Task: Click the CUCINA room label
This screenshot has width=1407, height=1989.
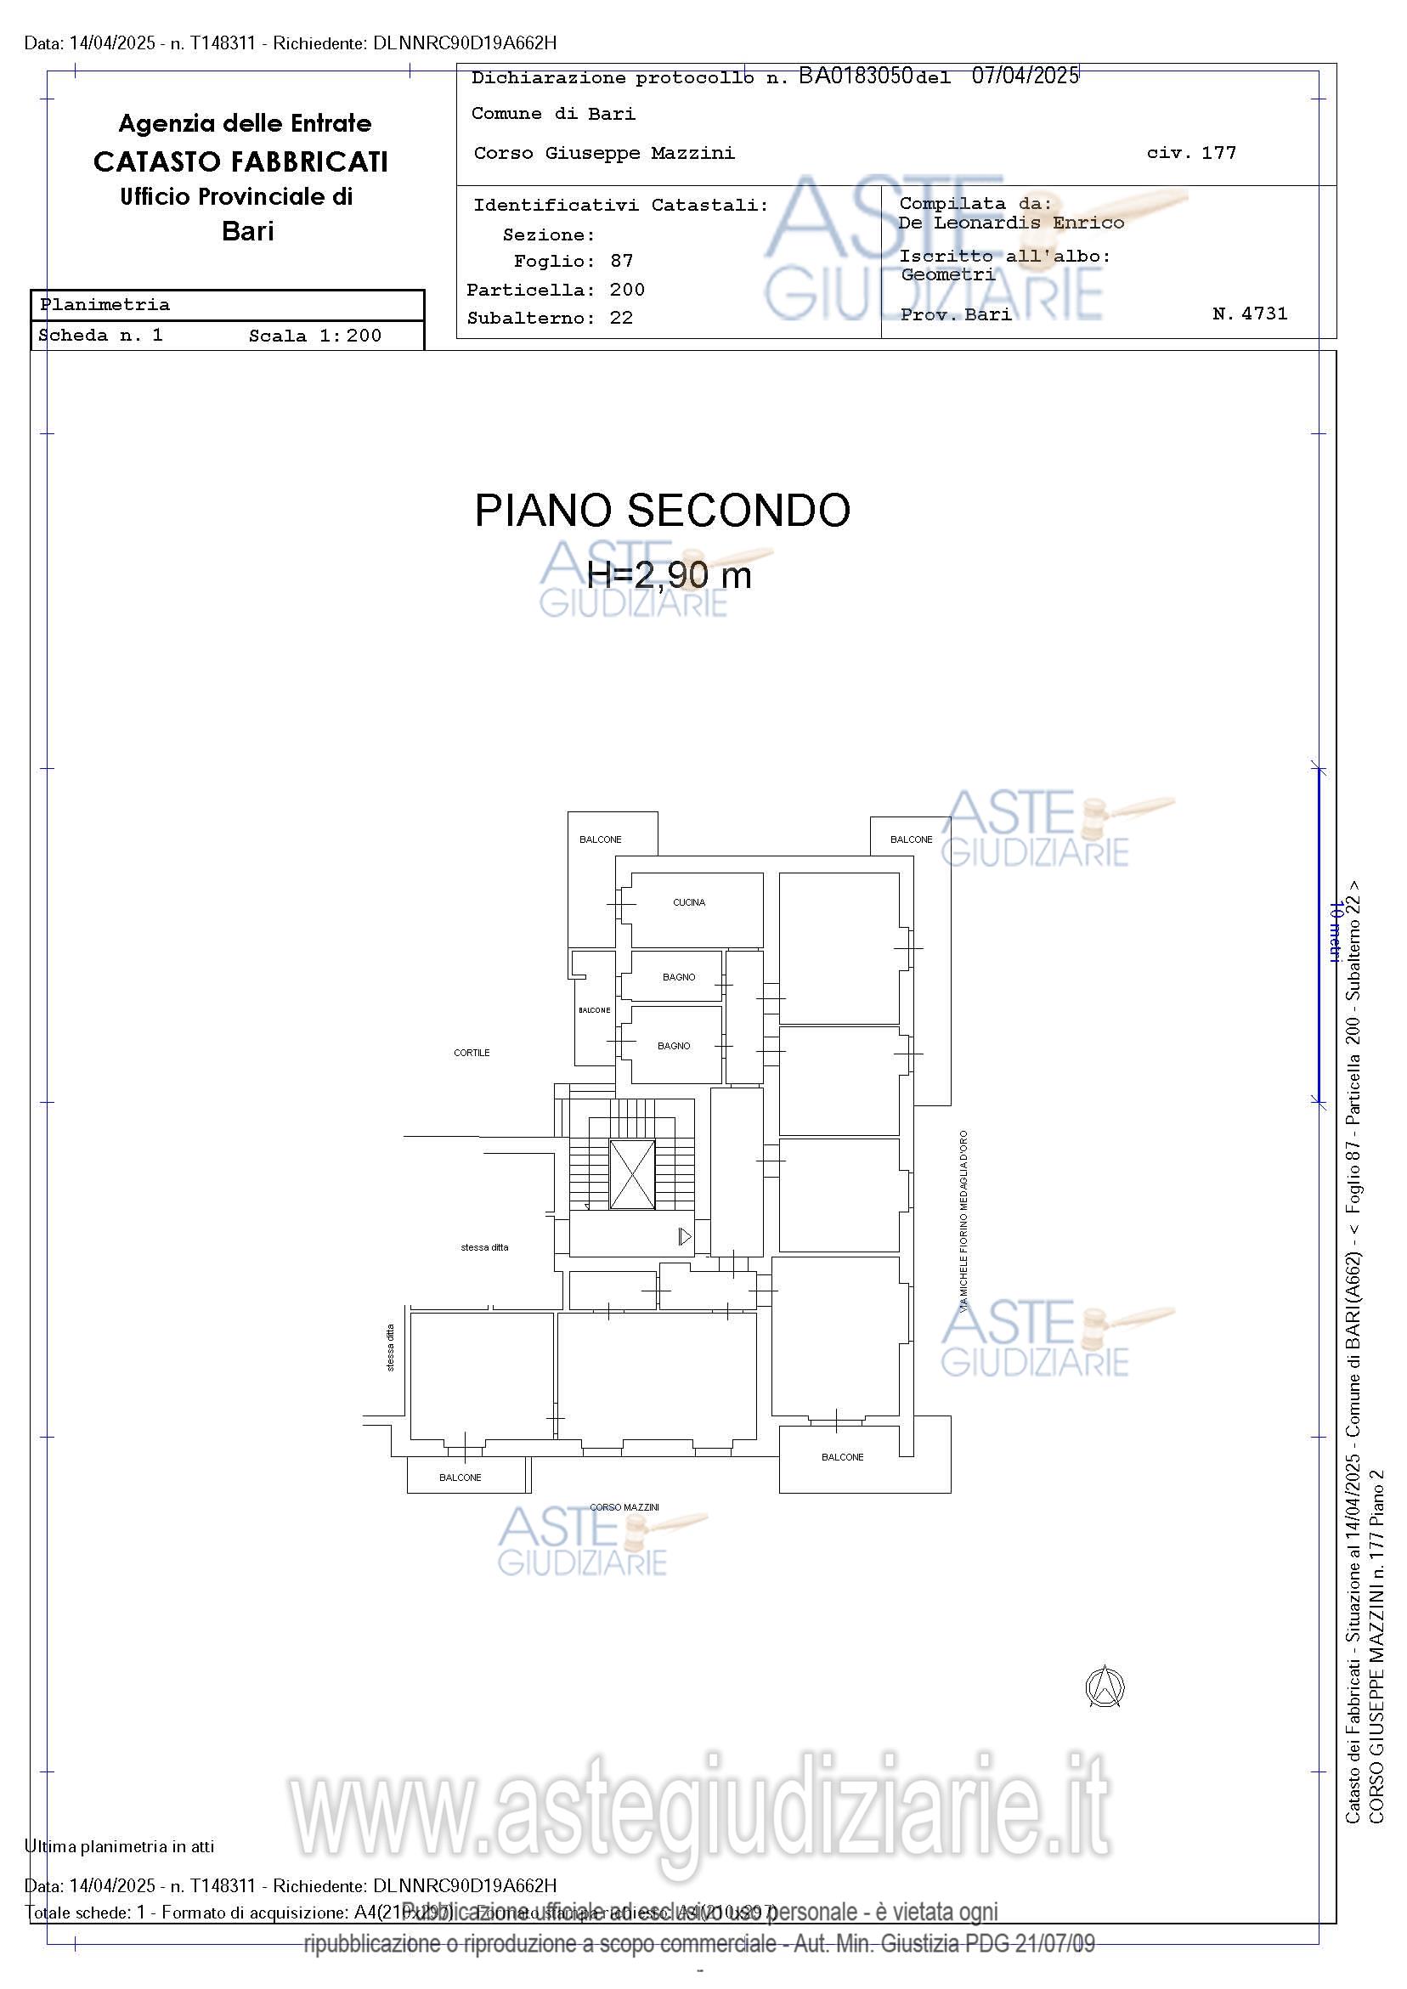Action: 689,902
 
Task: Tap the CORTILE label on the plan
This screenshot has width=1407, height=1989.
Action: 472,1053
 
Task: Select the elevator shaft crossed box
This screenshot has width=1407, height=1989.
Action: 632,1175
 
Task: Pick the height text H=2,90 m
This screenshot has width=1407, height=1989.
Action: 669,574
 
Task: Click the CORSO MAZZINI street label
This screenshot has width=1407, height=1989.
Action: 624,1507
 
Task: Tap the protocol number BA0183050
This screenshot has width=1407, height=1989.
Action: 855,76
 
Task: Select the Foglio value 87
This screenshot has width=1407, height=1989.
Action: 621,261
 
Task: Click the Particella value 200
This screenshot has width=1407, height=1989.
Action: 626,290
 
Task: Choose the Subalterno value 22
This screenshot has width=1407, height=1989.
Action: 621,318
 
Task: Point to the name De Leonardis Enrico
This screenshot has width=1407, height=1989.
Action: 1011,223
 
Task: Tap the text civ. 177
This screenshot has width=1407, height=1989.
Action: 1191,153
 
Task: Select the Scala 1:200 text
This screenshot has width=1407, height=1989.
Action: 314,336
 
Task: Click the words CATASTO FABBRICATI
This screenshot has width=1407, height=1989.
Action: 240,162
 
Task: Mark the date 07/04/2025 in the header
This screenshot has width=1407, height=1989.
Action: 1025,76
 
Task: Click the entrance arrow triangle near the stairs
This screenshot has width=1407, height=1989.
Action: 685,1236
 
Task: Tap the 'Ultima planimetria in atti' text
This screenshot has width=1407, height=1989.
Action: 120,1846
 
